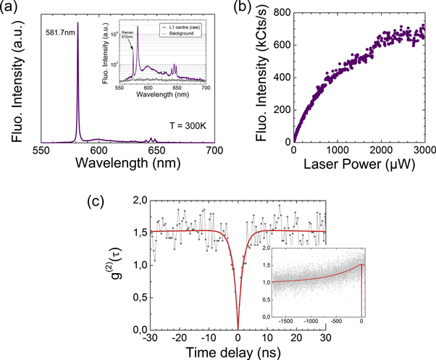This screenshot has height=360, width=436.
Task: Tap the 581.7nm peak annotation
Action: tap(59, 32)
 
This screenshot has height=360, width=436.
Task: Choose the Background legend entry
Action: tap(186, 33)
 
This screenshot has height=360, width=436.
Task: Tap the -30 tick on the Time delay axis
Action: tap(150, 339)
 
